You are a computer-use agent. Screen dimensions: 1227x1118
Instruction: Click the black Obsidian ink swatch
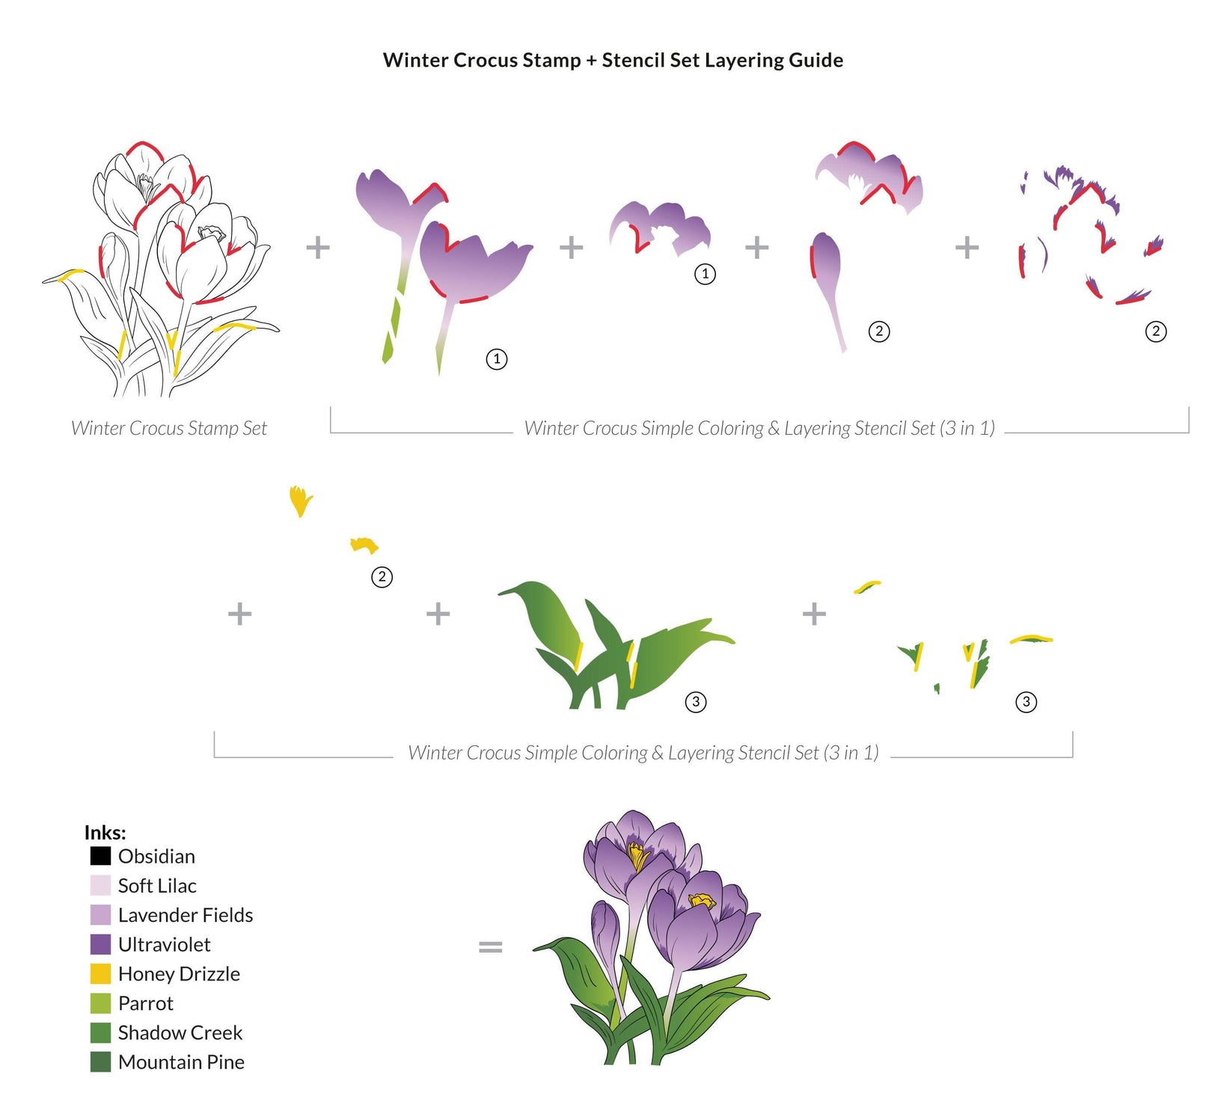(x=100, y=855)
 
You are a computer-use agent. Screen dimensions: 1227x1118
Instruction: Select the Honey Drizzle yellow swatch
(x=100, y=974)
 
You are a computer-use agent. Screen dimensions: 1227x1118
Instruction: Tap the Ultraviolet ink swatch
(x=100, y=944)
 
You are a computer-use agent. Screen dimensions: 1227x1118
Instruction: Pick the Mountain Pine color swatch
(x=100, y=1062)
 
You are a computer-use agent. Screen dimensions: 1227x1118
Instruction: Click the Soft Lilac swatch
(x=100, y=885)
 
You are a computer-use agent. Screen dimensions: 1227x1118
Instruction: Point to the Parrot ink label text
(x=145, y=1004)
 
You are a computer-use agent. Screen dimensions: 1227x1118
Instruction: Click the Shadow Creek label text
(x=180, y=1033)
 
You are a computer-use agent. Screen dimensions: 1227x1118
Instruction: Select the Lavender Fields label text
(x=186, y=915)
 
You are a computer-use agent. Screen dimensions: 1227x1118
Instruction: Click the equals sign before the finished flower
(x=490, y=947)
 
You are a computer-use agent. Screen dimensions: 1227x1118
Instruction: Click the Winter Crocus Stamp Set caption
(x=169, y=428)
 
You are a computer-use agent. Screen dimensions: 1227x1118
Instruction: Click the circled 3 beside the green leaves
(x=696, y=702)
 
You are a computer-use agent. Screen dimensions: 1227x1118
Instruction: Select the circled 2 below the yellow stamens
(x=382, y=577)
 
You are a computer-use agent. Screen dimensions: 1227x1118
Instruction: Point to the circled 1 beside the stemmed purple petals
(x=497, y=359)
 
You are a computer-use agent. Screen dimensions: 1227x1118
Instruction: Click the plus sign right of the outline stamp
(x=318, y=247)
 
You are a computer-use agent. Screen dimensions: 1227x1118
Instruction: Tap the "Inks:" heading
(x=105, y=832)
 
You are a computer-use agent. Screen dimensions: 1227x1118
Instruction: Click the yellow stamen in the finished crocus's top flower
(x=637, y=855)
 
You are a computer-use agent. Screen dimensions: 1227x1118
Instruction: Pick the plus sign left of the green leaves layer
(x=438, y=614)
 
